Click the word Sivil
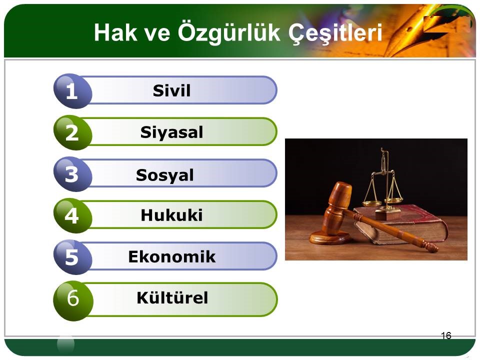coord(171,90)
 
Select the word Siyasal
coord(171,132)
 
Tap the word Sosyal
coord(164,175)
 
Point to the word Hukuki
coord(171,215)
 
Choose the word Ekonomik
coord(171,256)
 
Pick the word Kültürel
coord(172,297)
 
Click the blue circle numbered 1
coord(72,91)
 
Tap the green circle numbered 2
coord(72,132)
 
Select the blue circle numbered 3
coord(72,174)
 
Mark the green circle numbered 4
coord(72,215)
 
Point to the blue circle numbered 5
coord(72,257)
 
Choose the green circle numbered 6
coord(73,300)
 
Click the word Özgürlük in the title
coord(229,32)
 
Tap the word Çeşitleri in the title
coord(335,33)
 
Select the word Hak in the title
coord(115,32)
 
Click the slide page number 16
coord(446,335)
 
